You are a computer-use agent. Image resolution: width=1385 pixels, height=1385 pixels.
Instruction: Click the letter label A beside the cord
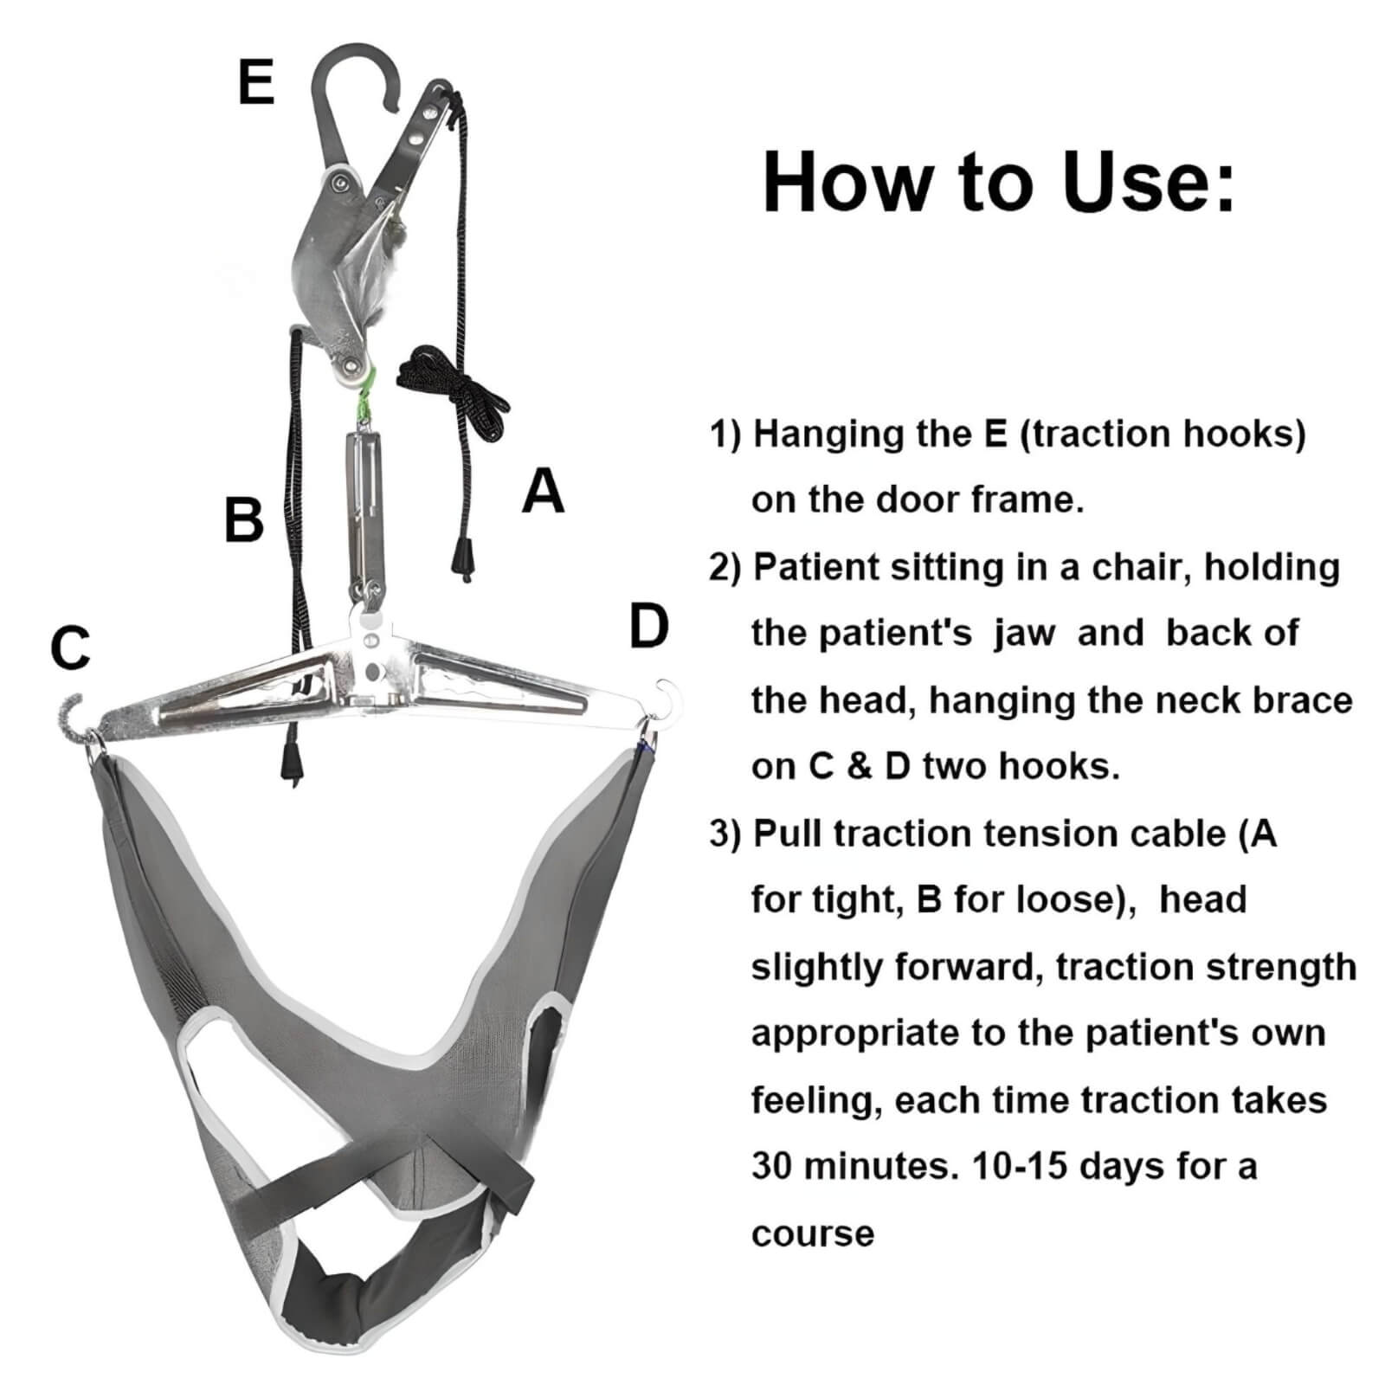point(543,491)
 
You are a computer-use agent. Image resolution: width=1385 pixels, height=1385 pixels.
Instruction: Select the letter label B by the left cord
point(243,519)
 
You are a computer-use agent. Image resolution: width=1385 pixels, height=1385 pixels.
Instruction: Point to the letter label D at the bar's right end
point(648,627)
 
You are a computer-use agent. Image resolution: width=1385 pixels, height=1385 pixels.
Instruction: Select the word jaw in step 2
point(1024,634)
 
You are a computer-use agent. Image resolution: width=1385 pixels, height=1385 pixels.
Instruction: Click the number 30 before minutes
point(771,1166)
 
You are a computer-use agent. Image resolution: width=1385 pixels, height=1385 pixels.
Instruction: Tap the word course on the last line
point(812,1234)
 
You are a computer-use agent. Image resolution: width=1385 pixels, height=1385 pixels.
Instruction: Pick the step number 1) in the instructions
point(725,434)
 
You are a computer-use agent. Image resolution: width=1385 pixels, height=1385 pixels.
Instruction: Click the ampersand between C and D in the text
point(858,767)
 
